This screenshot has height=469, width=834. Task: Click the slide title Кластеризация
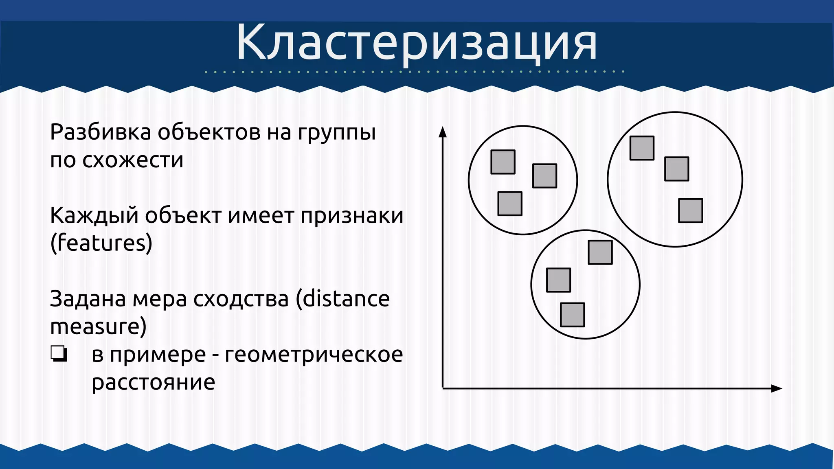[416, 42]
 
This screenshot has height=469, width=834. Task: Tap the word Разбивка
[100, 133]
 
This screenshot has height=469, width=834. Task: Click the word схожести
[133, 160]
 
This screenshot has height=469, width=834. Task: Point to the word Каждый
[94, 216]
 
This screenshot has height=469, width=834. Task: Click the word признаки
[352, 216]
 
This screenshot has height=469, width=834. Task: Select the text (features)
[101, 243]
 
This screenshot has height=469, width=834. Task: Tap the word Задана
[88, 299]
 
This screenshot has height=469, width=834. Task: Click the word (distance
[342, 298]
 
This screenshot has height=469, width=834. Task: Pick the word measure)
[98, 327]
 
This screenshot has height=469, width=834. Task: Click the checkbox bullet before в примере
[59, 354]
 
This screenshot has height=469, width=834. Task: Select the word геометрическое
[314, 354]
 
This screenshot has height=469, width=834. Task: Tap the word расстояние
[153, 382]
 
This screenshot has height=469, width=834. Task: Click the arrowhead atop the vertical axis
[443, 132]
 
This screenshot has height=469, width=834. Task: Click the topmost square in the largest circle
[642, 148]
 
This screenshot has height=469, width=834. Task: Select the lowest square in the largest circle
[690, 210]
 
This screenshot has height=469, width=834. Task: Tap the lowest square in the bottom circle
[572, 315]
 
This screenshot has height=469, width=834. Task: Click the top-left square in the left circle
[503, 162]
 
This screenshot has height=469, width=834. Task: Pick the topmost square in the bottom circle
[600, 252]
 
